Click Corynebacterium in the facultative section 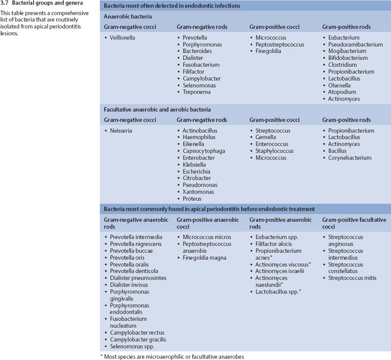[x=350, y=158]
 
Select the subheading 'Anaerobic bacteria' [x=126, y=16]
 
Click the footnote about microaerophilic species [x=172, y=356]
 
